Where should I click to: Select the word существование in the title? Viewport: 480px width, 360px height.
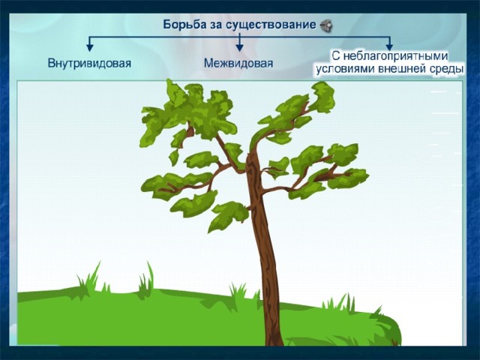(271, 25)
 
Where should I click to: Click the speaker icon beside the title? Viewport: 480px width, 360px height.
(326, 25)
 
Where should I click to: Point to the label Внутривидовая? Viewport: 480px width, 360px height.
(89, 63)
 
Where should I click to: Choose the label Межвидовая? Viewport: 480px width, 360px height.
(238, 63)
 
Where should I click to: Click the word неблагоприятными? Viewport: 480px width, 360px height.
(395, 56)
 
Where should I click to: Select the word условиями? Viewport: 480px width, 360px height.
(346, 69)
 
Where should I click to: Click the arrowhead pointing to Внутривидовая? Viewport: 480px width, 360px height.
(89, 47)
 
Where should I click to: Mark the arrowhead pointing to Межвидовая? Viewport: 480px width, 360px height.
(239, 47)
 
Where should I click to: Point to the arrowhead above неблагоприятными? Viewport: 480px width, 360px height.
(389, 46)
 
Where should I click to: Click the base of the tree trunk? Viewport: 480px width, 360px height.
(274, 343)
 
